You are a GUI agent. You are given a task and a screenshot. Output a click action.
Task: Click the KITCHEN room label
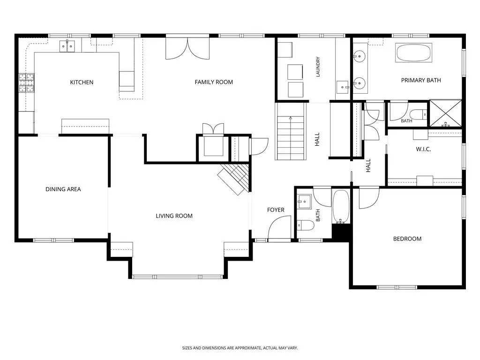click(x=82, y=82)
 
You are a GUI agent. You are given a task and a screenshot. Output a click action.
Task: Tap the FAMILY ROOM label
click(x=214, y=82)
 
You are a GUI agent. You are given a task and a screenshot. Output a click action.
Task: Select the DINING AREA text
click(x=63, y=189)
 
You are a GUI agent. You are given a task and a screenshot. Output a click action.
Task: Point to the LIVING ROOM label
click(x=174, y=216)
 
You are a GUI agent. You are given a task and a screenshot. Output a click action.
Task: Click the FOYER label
click(x=276, y=210)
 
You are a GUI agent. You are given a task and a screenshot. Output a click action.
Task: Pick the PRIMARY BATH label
click(x=421, y=80)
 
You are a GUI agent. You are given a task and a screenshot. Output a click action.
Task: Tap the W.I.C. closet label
click(x=423, y=149)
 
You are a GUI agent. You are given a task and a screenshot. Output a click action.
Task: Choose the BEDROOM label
click(x=407, y=239)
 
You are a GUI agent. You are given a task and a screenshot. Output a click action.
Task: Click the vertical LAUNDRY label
click(x=318, y=67)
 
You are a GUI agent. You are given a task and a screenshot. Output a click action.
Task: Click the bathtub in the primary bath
click(x=413, y=52)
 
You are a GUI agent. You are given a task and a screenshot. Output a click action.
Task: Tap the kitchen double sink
click(x=67, y=46)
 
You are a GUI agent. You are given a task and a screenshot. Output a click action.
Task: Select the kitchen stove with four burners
click(x=27, y=83)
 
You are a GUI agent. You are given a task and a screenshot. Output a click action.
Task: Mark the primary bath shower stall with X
click(x=446, y=113)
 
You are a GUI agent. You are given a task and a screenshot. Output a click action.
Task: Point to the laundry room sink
click(x=343, y=87)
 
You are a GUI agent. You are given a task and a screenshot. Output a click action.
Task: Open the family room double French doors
click(x=187, y=48)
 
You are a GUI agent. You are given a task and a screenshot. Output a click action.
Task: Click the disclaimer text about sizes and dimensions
click(x=240, y=348)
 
